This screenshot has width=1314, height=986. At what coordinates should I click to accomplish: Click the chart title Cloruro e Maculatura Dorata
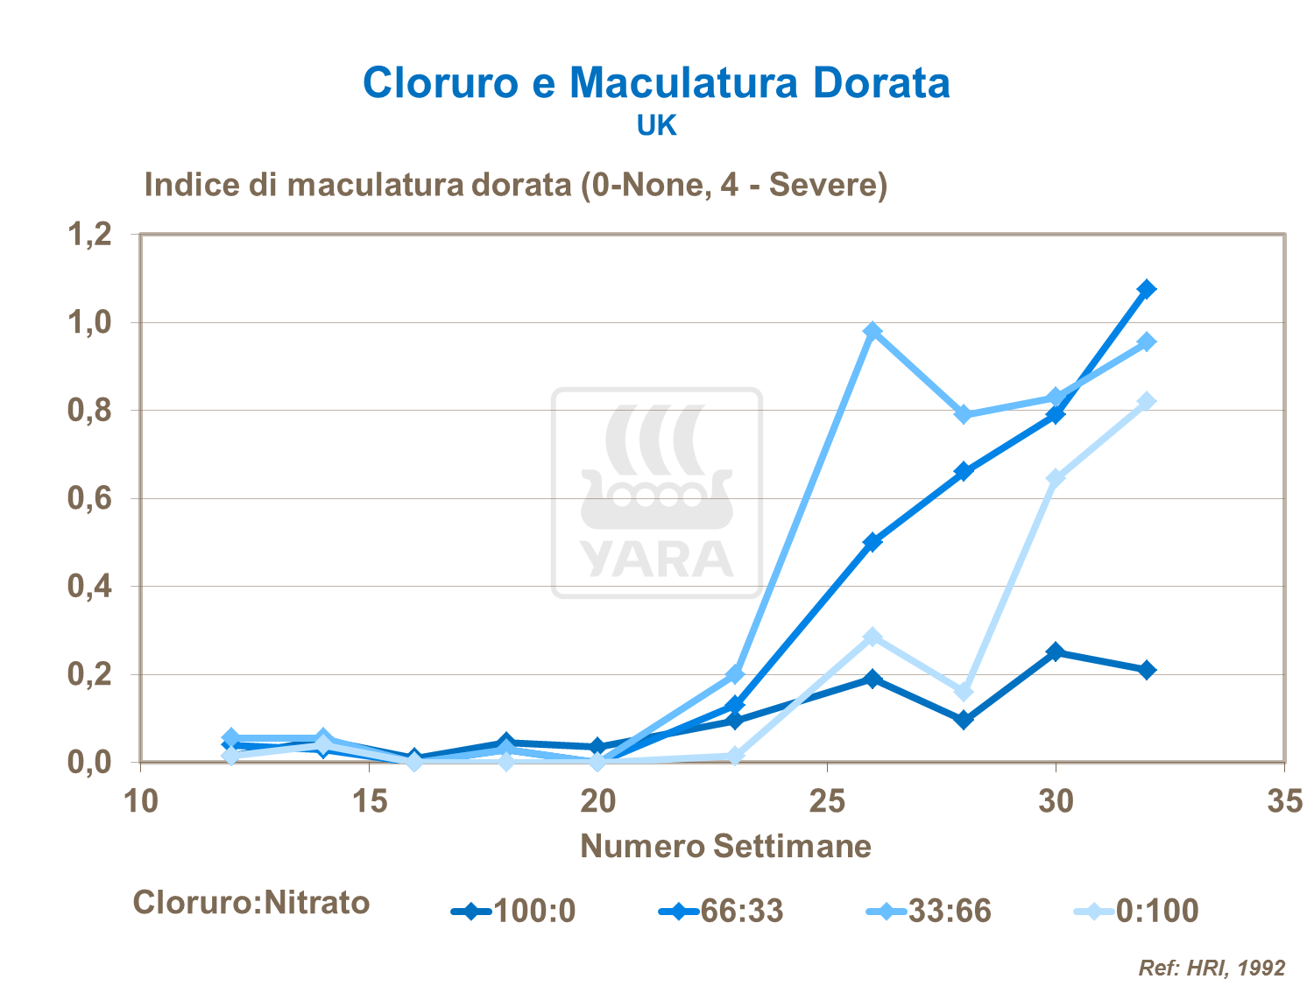[x=656, y=83]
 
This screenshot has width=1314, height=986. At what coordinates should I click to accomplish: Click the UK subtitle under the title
[x=656, y=126]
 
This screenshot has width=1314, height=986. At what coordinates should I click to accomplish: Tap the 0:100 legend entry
[x=1136, y=912]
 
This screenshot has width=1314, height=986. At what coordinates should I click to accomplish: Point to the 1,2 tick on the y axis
[x=90, y=235]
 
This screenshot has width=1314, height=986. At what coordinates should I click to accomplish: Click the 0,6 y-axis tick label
[x=90, y=498]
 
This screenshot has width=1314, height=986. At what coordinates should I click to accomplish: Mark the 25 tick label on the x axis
[x=827, y=801]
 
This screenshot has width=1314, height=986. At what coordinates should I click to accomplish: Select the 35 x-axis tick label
[x=1284, y=801]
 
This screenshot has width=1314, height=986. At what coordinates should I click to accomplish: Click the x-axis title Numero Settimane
[x=725, y=846]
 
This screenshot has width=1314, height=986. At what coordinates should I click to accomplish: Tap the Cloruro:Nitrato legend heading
[x=251, y=902]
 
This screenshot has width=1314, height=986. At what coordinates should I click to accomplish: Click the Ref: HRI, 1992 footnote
[x=1212, y=968]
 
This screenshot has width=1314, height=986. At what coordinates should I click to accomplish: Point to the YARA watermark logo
[x=657, y=493]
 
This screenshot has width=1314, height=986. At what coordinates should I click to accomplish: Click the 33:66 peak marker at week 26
[x=872, y=331]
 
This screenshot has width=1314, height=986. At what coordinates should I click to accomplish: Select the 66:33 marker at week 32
[x=1147, y=289]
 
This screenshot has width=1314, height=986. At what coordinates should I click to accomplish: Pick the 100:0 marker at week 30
[x=1056, y=652]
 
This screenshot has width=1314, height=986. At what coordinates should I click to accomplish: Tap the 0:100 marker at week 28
[x=964, y=692]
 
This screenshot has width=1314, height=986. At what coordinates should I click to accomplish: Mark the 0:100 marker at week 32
[x=1147, y=401]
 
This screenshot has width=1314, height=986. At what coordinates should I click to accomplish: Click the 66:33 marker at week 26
[x=872, y=542]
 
